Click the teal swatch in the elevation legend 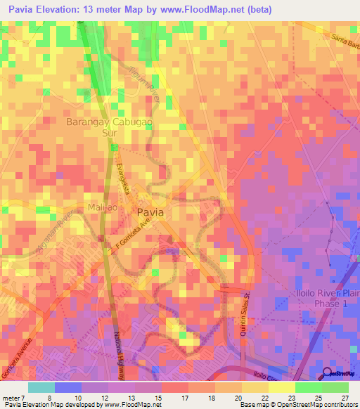click(41, 387)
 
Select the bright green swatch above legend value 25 click(308, 387)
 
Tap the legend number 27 click(345, 397)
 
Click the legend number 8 click(68, 397)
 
